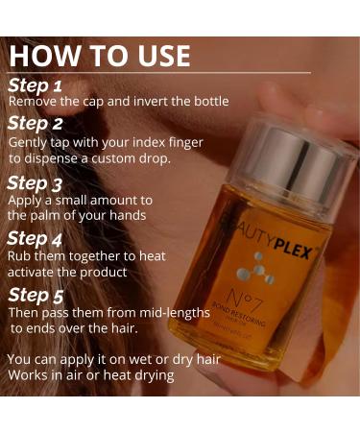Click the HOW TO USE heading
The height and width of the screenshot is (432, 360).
click(101, 55)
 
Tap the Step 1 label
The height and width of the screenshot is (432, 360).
click(35, 84)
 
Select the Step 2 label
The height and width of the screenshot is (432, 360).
click(36, 123)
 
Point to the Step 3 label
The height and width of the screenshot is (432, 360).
click(36, 182)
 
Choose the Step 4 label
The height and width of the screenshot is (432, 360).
click(36, 238)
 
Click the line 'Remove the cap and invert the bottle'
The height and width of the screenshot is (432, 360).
click(118, 101)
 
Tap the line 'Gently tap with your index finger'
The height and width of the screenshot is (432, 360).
click(106, 142)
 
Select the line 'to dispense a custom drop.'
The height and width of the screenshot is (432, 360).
click(89, 158)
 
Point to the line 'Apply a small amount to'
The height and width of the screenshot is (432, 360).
click(81, 200)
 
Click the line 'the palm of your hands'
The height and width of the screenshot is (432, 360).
click(77, 215)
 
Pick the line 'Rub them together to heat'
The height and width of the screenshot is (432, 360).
click(87, 256)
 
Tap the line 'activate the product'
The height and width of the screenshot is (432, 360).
click(67, 272)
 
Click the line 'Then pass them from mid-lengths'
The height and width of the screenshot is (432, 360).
click(108, 313)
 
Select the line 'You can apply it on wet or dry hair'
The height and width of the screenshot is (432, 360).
click(112, 359)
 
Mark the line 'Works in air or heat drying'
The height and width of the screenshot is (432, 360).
click(91, 374)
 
